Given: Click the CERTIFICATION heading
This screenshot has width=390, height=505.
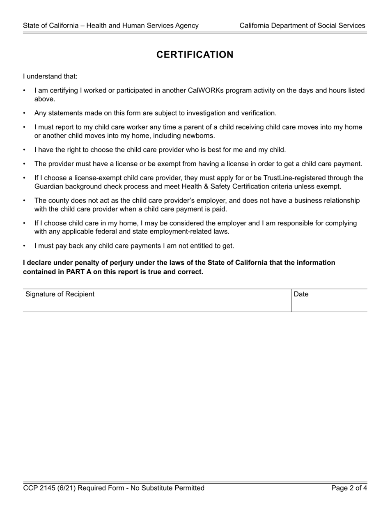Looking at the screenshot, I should (195, 55).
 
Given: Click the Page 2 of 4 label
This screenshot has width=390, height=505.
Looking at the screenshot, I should (349, 488).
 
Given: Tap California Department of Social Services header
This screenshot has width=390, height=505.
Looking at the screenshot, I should (302, 25).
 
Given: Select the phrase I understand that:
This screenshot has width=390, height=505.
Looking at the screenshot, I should (50, 76).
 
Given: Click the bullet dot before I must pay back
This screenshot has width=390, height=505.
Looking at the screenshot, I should (25, 246).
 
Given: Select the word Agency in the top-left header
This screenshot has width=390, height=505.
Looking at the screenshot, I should (186, 25).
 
